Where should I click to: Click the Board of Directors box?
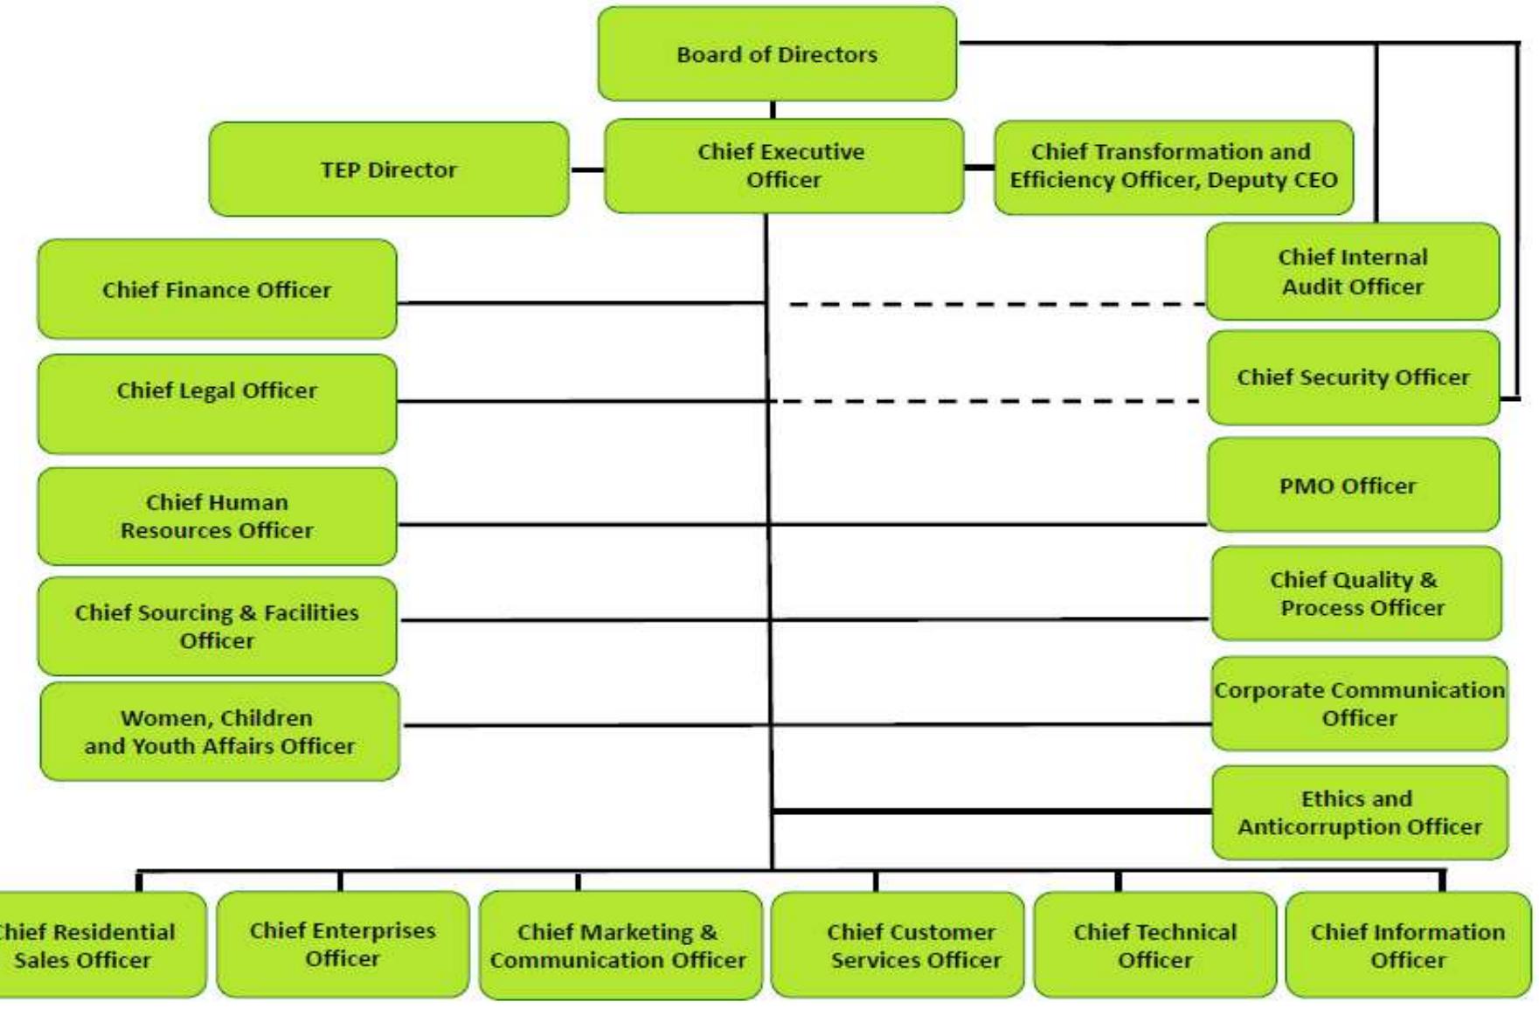[x=777, y=53]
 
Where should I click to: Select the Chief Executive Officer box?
[x=783, y=166]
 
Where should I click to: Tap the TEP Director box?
[x=389, y=169]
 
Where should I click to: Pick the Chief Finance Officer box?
[x=217, y=289]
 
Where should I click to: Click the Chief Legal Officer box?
[x=217, y=404]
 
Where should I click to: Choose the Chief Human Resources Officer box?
[x=217, y=516]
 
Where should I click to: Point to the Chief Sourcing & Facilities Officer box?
[x=217, y=626]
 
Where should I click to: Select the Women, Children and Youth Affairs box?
[x=219, y=731]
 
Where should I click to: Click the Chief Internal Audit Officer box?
[x=1353, y=272]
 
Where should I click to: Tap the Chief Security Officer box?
[x=1354, y=377]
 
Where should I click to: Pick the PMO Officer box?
[x=1354, y=485]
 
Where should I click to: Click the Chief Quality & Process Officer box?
[x=1356, y=593]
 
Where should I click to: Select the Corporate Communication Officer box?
[x=1359, y=703]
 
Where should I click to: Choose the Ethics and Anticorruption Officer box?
[x=1360, y=812]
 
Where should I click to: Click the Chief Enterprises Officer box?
[x=343, y=944]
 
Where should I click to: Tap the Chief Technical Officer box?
[x=1154, y=945]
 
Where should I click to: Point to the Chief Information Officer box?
[x=1408, y=945]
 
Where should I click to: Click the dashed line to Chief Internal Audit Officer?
[x=997, y=304]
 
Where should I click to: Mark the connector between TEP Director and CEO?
[x=587, y=169]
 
